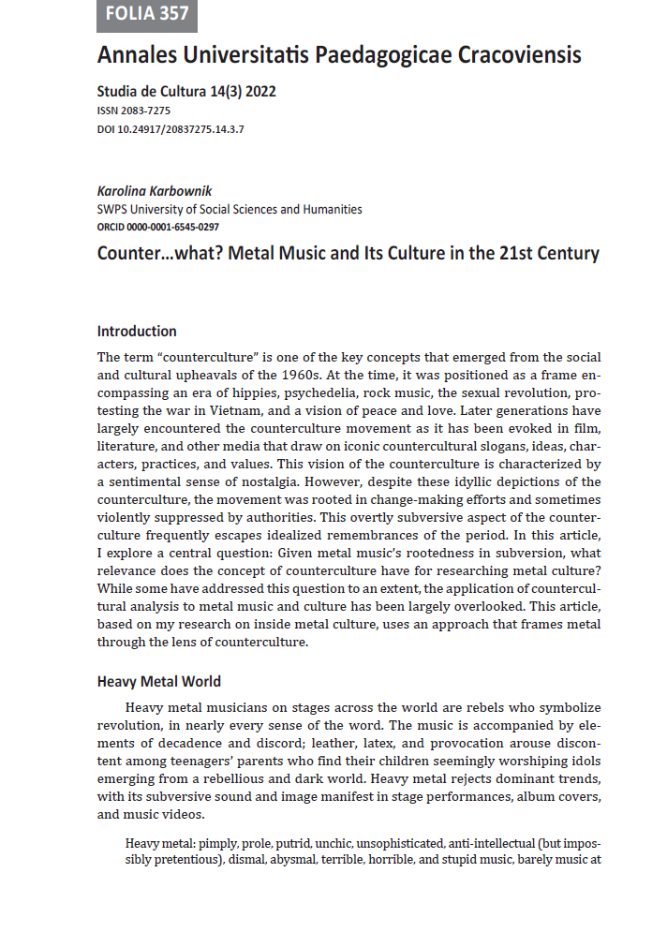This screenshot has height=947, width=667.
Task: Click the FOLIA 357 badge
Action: (147, 14)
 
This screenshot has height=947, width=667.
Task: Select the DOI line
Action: (170, 128)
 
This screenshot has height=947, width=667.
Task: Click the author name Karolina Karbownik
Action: (162, 192)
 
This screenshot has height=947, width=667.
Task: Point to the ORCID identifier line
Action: (159, 226)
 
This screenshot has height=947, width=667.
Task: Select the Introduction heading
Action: (137, 331)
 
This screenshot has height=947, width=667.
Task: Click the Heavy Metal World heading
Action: (159, 681)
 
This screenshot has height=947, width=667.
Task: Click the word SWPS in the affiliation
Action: (113, 210)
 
